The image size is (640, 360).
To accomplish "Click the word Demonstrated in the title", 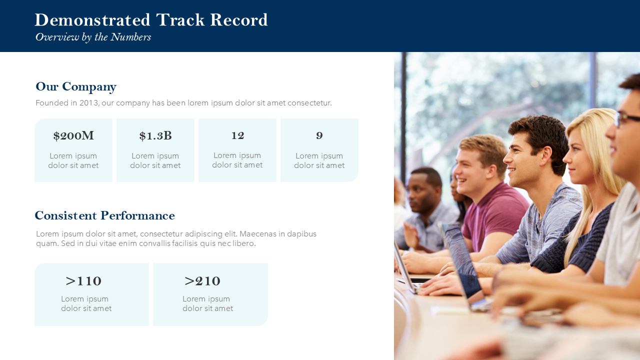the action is [92, 20].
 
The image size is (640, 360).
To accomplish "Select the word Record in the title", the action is [239, 20].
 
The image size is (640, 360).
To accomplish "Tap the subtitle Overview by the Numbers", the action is [93, 37].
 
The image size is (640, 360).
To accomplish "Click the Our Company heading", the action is [75, 87].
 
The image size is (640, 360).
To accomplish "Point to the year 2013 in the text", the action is [89, 103].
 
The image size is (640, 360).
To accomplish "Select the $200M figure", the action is [73, 135].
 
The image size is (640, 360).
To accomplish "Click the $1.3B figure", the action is [155, 135].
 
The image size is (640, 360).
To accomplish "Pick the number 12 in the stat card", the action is [237, 135].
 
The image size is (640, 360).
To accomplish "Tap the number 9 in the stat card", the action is [319, 135].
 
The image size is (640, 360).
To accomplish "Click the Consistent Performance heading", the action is [104, 215].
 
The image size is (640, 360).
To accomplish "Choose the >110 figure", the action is [83, 281].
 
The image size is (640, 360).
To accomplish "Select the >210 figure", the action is [202, 281].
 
